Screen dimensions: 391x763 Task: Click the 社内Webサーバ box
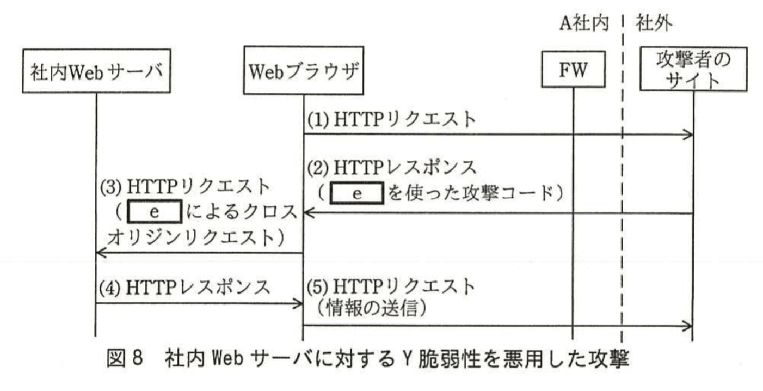[96, 72]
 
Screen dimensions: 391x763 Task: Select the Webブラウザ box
[303, 72]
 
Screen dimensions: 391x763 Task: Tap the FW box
[573, 71]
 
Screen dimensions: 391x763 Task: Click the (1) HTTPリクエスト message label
[390, 119]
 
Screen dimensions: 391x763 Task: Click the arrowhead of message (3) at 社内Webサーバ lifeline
[100, 253]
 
